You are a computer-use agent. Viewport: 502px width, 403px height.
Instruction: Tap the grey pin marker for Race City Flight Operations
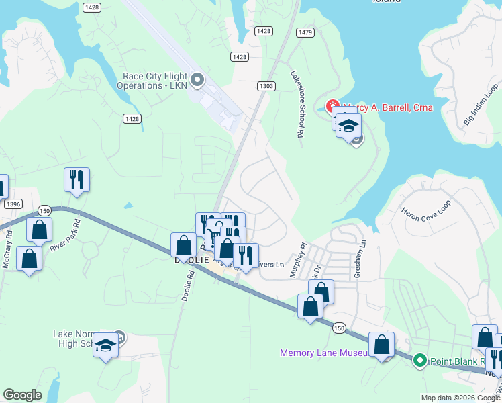197,81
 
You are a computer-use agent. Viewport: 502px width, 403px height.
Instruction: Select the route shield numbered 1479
305,32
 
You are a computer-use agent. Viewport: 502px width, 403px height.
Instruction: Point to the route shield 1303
266,85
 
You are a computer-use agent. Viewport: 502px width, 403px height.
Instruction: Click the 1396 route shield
11,204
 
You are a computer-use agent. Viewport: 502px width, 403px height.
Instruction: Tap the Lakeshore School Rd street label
297,105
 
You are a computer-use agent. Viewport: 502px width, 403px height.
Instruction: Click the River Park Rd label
65,235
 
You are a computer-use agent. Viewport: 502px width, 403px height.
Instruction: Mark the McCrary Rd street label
7,249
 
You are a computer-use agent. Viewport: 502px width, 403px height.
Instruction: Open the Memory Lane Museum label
323,353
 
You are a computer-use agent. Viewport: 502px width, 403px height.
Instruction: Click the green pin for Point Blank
420,361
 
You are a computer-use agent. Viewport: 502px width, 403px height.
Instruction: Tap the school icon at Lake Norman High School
105,345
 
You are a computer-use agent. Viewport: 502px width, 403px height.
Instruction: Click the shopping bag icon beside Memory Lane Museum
381,345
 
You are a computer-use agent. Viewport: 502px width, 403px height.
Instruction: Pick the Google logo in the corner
23,394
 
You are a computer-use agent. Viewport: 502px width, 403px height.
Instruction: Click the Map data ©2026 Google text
460,398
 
